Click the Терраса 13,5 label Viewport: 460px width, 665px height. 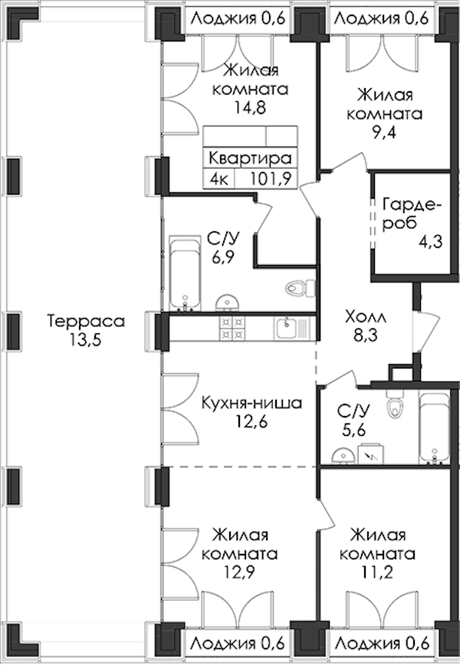point(86,330)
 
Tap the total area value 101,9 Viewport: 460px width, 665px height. point(271,179)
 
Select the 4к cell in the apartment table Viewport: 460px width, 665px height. point(219,179)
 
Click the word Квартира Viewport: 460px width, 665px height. point(251,158)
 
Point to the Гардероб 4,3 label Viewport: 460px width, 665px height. point(412,223)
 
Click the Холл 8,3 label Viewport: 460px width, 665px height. point(366,326)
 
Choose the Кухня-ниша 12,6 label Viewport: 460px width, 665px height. point(251,412)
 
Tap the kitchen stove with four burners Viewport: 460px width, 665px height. point(232,328)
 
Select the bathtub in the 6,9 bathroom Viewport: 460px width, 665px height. point(185,274)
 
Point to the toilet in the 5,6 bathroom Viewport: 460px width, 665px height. point(395,405)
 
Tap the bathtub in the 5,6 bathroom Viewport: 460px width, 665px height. point(434,428)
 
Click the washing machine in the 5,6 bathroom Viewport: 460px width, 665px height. point(371,454)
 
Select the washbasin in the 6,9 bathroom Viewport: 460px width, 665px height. point(228,303)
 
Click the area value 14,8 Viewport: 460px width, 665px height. point(251,108)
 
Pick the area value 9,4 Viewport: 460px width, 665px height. point(384,133)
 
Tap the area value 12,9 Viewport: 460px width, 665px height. point(240,572)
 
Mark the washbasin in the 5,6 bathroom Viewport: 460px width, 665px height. point(343,457)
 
